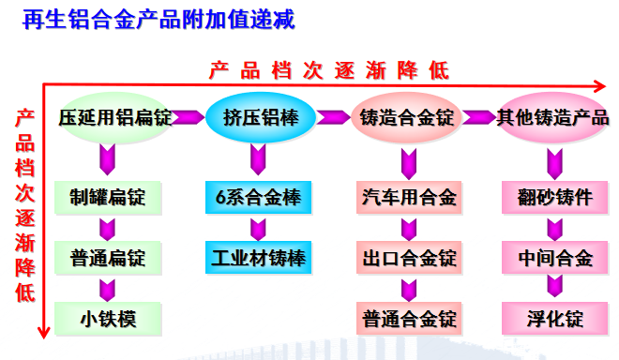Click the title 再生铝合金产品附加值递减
pos(159,20)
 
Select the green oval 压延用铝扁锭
pos(115,117)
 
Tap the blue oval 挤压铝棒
pos(261,117)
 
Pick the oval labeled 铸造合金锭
pos(407,117)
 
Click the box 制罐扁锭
pos(108,198)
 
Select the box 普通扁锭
pos(108,258)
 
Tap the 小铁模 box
pos(108,319)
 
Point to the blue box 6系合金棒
pos(258,198)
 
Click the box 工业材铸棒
pos(258,258)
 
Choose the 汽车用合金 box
pos(409,198)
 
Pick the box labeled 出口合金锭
pos(409,258)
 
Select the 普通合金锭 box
pos(409,319)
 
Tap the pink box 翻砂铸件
pos(554,198)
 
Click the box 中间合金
pos(554,258)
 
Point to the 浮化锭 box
pos(554,319)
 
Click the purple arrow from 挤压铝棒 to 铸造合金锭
pos(334,117)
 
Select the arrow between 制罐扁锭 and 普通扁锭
pos(107,230)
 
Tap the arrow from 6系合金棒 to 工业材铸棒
pos(258,230)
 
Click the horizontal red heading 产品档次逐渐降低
pos(329,70)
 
